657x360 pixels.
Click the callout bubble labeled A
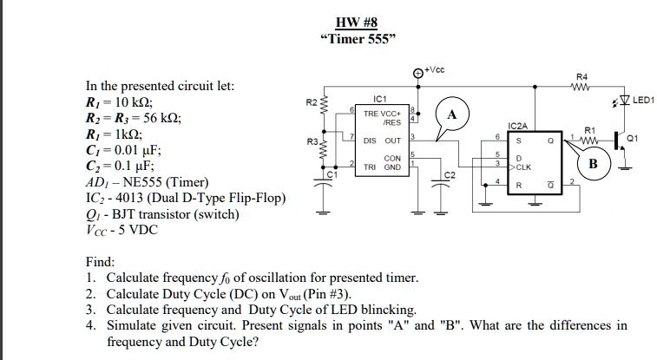coord(450,114)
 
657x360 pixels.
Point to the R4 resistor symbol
coord(582,86)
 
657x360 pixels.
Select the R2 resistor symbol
coord(326,106)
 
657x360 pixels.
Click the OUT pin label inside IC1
coord(392,140)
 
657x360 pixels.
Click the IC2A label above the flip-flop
coord(518,127)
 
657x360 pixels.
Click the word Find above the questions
coord(100,262)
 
